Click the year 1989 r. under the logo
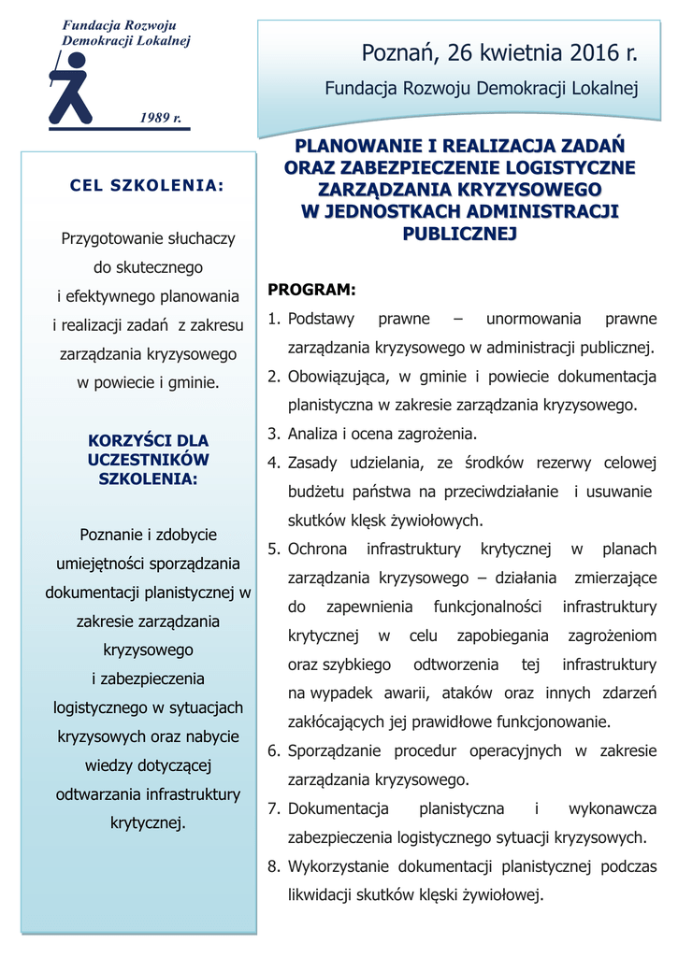[160, 118]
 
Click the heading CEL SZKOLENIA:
[148, 185]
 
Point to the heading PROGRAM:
[311, 289]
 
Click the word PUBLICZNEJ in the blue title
[459, 233]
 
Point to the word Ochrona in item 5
[317, 549]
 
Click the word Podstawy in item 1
[321, 319]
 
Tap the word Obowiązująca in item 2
[339, 377]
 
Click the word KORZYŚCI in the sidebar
[124, 440]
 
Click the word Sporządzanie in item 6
[335, 750]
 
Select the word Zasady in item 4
[311, 463]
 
